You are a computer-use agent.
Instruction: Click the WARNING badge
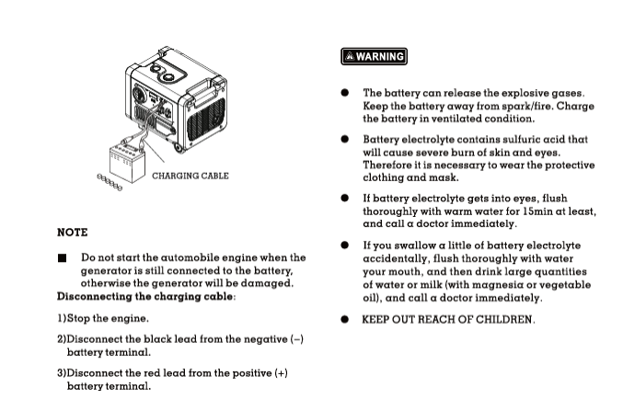click(x=374, y=56)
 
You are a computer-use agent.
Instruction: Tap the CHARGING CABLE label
click(x=190, y=176)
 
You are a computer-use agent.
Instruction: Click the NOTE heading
click(x=73, y=233)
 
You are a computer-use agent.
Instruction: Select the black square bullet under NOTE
click(x=62, y=258)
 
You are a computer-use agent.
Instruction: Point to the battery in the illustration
click(x=127, y=163)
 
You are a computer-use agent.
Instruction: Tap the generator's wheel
click(x=178, y=148)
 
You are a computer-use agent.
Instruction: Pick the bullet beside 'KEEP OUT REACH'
click(x=344, y=320)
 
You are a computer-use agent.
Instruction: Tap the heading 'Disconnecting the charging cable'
click(x=145, y=297)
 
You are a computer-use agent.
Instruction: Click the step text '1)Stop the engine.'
click(x=103, y=318)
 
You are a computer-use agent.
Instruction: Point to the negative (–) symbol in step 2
click(x=297, y=339)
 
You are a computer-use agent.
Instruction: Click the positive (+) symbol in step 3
click(x=282, y=373)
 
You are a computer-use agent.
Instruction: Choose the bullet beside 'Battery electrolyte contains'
click(x=344, y=140)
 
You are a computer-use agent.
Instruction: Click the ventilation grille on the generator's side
click(x=206, y=120)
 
